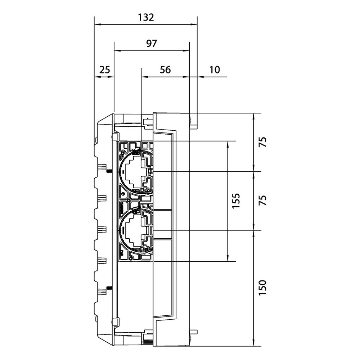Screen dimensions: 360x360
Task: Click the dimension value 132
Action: click(x=146, y=17)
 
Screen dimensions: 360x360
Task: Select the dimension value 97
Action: click(x=152, y=44)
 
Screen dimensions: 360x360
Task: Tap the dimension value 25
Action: click(x=105, y=69)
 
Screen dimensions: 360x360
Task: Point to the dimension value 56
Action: click(x=165, y=70)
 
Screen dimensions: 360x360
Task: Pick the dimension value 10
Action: click(x=215, y=69)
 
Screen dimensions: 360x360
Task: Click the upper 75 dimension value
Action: click(x=263, y=142)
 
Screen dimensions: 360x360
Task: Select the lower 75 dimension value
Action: click(x=263, y=200)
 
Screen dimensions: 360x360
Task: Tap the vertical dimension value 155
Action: click(x=236, y=201)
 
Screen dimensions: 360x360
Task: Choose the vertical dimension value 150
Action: click(x=263, y=288)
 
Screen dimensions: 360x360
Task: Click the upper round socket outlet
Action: click(x=135, y=171)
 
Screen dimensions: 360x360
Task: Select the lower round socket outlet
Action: click(x=135, y=230)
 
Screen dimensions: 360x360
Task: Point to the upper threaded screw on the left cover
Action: click(x=109, y=171)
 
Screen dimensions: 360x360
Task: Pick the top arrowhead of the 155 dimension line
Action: click(x=228, y=144)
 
